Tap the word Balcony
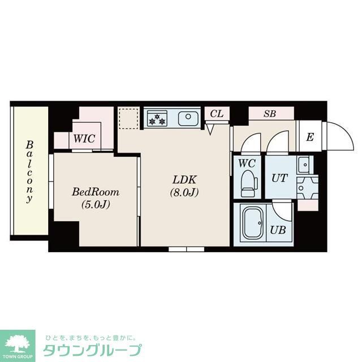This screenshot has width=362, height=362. coord(29,172)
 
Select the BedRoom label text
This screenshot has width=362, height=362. coord(95,192)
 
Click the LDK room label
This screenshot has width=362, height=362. coord(184,180)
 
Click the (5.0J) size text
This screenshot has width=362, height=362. coord(95,204)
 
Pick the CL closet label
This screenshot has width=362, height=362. coord(217,114)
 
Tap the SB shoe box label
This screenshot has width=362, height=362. coord(270,114)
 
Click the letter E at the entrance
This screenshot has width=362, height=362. coord(309,137)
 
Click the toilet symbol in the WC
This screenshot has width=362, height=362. coord(248,183)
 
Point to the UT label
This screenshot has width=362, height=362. coord(279,178)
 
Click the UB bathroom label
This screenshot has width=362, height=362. coord(277,230)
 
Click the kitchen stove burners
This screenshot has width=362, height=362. coord(157,119)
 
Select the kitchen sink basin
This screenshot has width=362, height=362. coord(187,119)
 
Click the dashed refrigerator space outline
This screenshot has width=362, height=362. coord(128,119)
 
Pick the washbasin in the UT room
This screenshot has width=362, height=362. coord(304,163)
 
